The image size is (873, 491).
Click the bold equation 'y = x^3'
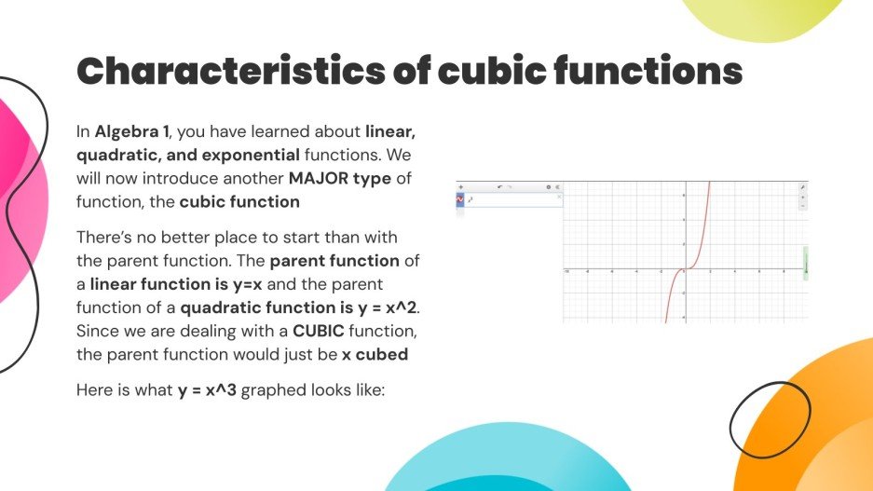pyautogui.click(x=209, y=390)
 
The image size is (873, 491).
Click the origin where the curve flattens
pyautogui.click(x=684, y=270)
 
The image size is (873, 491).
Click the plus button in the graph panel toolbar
pyautogui.click(x=461, y=187)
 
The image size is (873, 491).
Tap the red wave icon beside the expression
pyautogui.click(x=460, y=198)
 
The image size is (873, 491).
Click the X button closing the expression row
pyautogui.click(x=559, y=197)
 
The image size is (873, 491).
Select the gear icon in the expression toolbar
pyautogui.click(x=548, y=187)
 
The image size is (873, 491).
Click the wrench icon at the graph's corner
pyautogui.click(x=803, y=187)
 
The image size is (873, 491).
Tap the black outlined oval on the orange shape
pyautogui.click(x=769, y=426)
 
